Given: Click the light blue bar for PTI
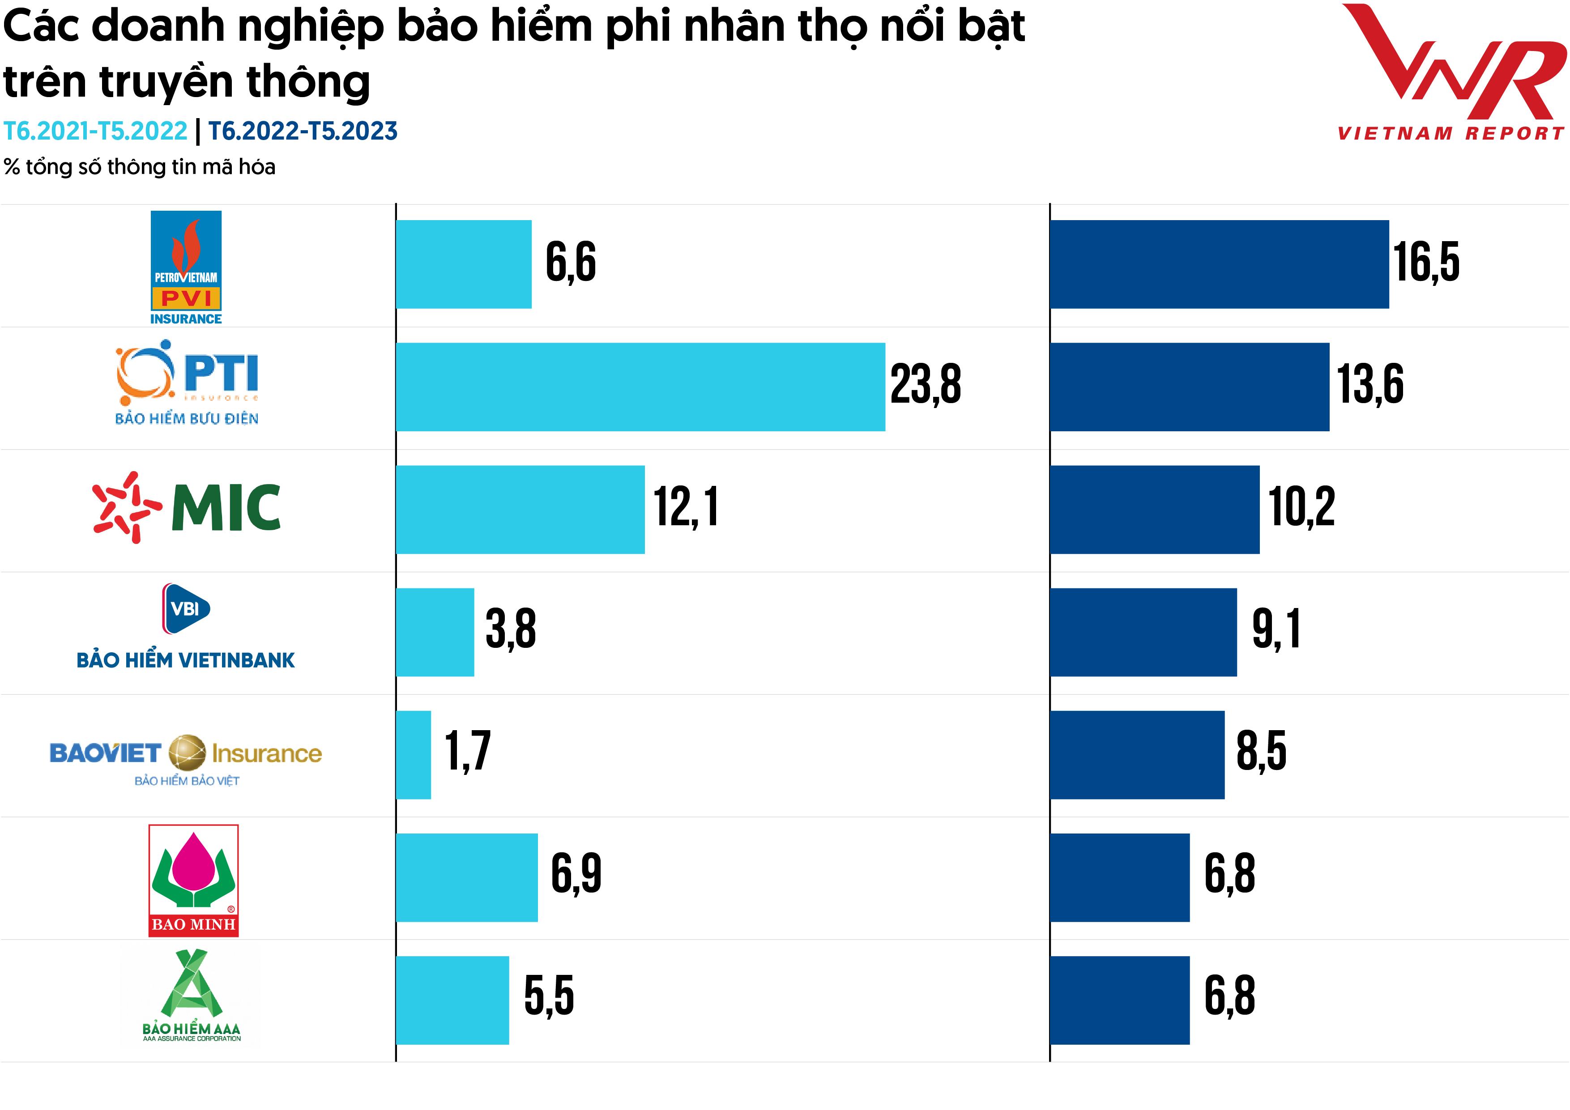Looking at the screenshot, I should [640, 387].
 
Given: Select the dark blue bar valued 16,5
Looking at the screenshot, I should [1219, 264].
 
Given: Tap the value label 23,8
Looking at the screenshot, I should [925, 384].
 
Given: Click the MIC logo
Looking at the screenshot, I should [186, 507].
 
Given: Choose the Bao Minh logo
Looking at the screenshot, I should [193, 880].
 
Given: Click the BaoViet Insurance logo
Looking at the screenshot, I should [186, 759].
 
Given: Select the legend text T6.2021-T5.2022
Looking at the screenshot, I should [95, 131].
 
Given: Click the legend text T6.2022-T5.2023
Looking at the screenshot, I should [302, 131].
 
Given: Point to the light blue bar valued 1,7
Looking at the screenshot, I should [414, 755].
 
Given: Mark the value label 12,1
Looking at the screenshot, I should [686, 507].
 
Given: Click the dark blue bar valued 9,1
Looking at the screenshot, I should [1143, 632].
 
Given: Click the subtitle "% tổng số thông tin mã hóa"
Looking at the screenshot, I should [140, 167].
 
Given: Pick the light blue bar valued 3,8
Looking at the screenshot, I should [435, 632].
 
